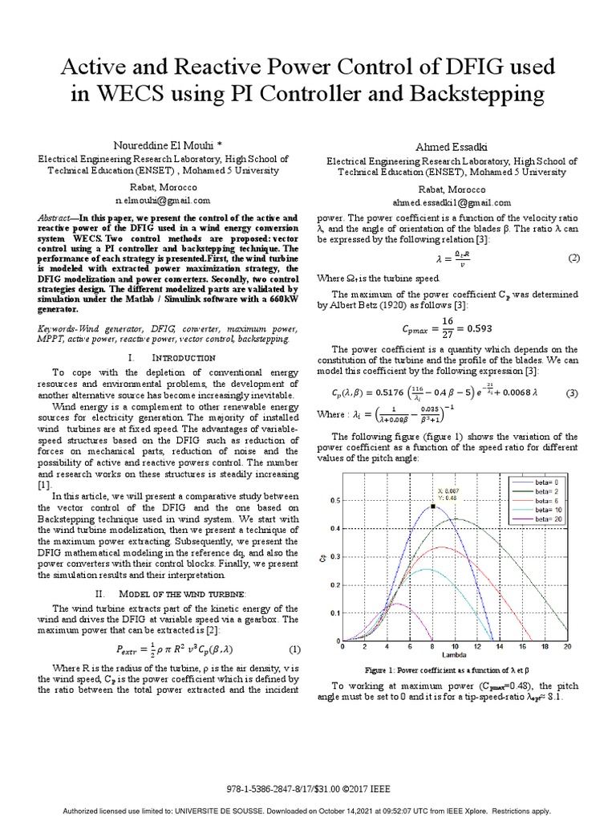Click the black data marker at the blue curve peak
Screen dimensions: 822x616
click(432, 507)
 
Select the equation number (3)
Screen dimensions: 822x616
click(573, 393)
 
